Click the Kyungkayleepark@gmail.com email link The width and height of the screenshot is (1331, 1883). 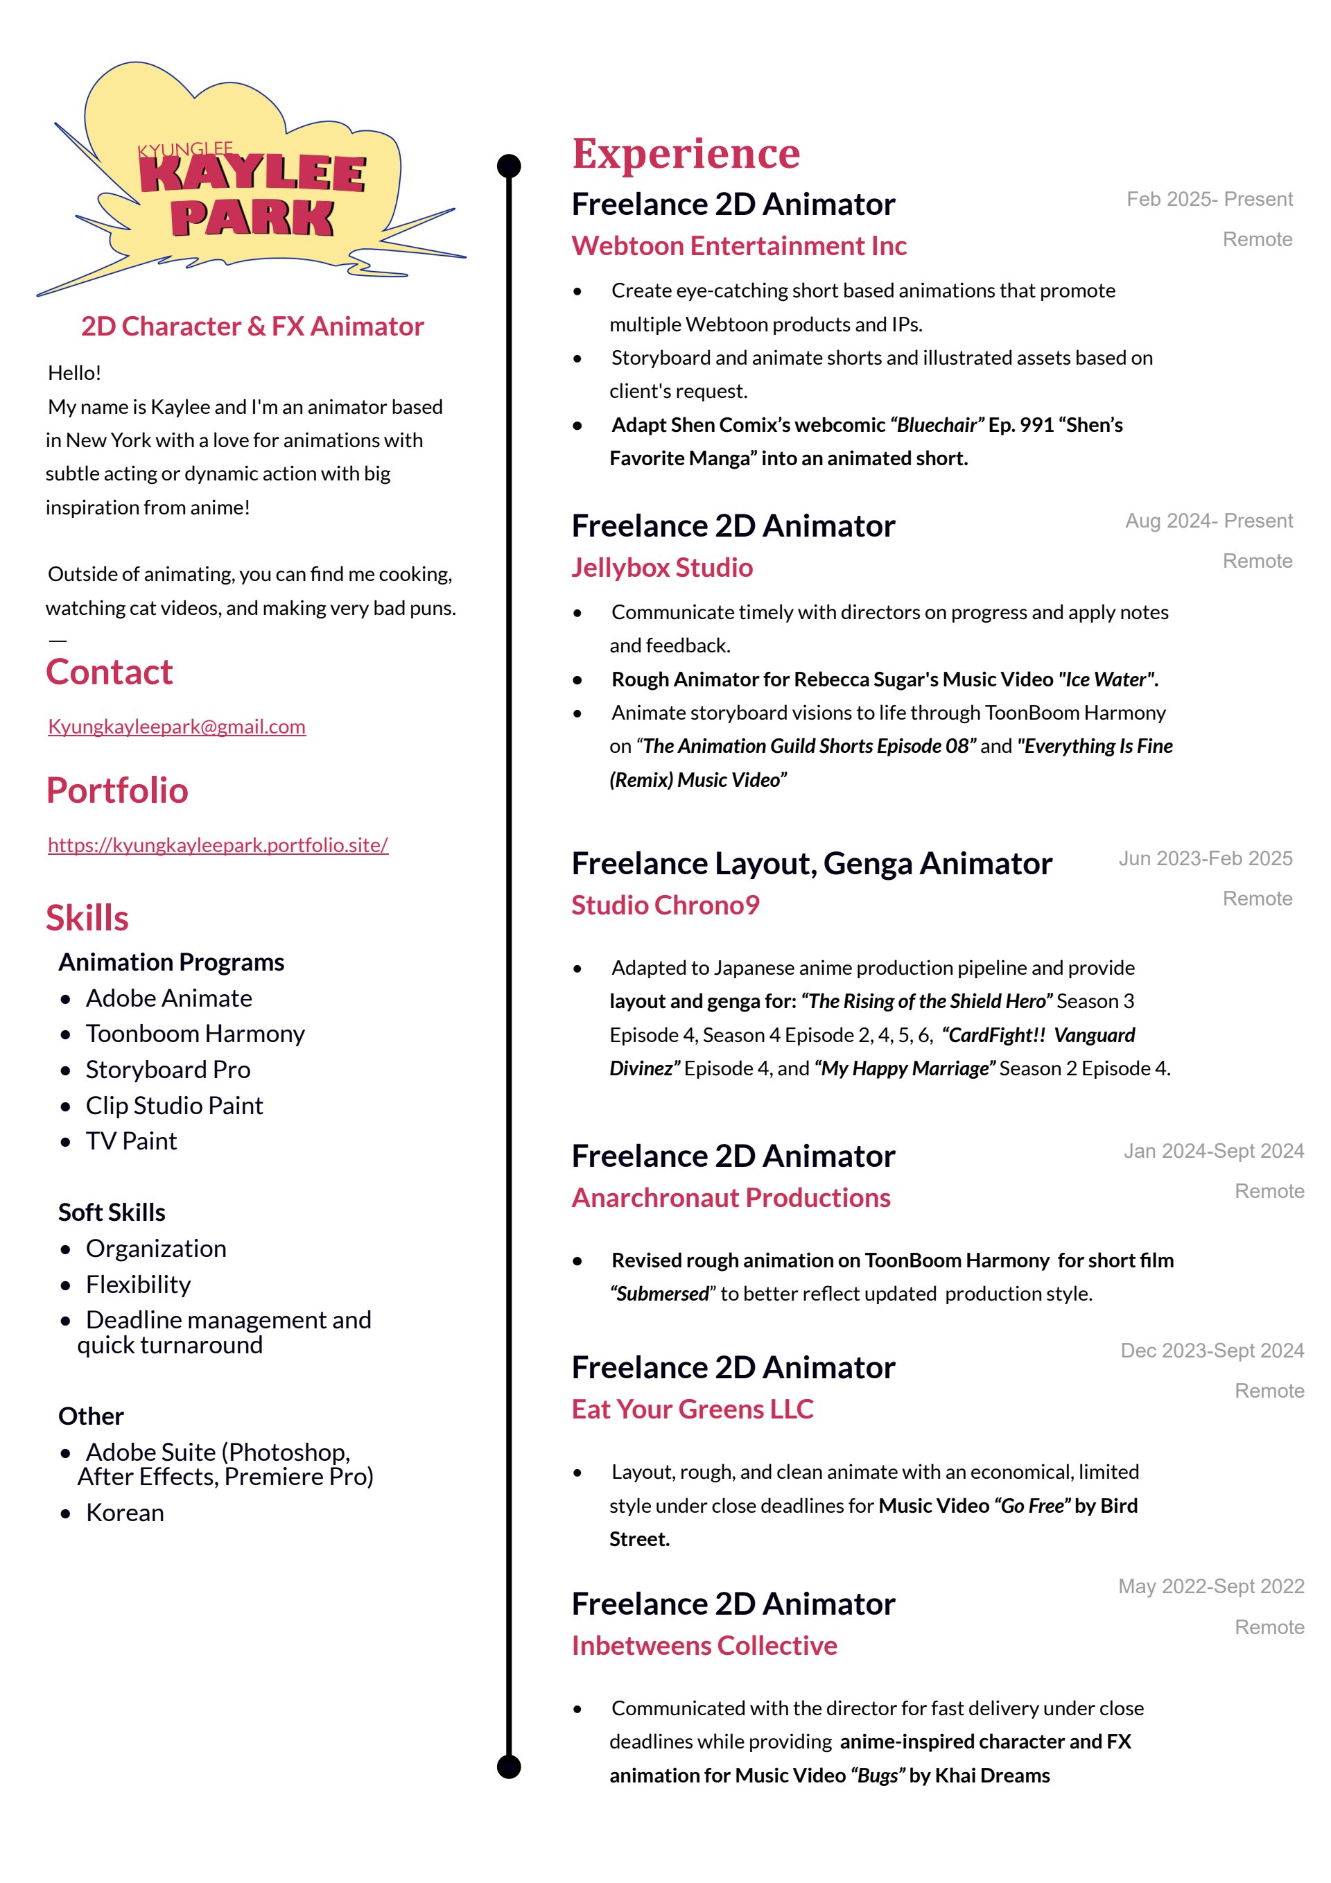pos(176,727)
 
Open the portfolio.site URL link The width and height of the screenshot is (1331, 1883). pos(217,844)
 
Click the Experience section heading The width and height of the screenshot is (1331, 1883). pos(686,153)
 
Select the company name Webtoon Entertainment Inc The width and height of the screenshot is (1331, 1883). pos(739,246)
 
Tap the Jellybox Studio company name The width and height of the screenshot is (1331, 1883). pos(662,568)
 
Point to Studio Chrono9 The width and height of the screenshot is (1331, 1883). pos(665,905)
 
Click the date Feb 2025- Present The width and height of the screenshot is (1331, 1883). pos(1209,199)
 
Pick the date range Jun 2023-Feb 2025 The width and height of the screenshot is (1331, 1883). pos(1205,859)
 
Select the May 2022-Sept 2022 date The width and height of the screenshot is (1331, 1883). pos(1210,1586)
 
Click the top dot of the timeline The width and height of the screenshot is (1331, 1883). pos(510,166)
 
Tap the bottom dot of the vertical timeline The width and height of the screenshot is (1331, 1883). pos(510,1767)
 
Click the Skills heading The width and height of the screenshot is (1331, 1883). pos(87,918)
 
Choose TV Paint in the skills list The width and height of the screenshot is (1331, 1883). pos(131,1140)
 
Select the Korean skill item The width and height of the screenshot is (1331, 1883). pos(125,1512)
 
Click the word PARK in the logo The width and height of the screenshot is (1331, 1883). pos(252,218)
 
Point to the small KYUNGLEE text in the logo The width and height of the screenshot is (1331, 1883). pos(185,149)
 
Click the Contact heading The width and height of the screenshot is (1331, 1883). pos(109,672)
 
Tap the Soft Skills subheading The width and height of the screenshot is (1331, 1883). pos(112,1212)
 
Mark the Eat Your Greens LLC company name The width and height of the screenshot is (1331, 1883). pos(692,1409)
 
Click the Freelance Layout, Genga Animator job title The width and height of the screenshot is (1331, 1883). pos(811,864)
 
